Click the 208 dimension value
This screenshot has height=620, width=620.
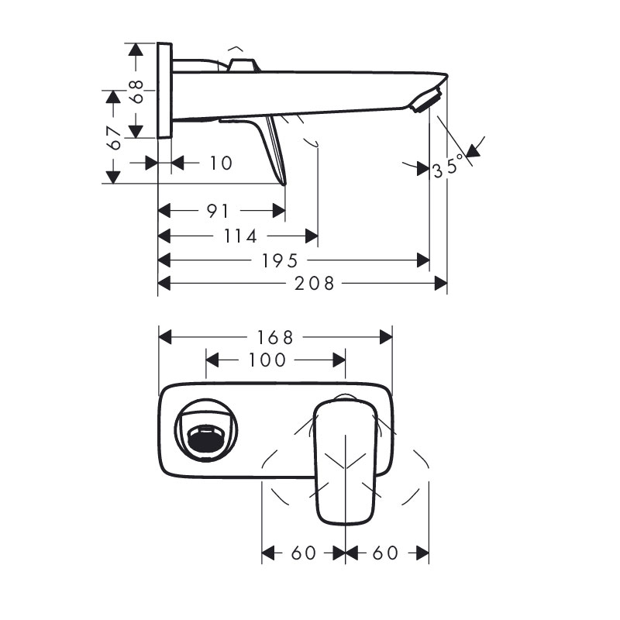[315, 284]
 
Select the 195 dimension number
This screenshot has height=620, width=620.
[280, 260]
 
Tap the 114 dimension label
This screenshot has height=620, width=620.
[240, 236]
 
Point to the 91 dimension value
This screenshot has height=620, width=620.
[218, 211]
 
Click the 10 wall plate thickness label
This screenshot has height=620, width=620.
[221, 163]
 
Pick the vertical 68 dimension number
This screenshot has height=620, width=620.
[137, 91]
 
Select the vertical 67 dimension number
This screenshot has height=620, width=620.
[114, 138]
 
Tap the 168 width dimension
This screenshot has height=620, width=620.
[275, 337]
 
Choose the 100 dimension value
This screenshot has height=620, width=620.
[267, 360]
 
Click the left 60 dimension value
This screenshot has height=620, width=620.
[303, 553]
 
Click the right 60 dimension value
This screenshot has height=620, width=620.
[385, 553]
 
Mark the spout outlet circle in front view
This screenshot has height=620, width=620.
[206, 430]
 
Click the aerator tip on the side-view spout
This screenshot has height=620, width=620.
[426, 101]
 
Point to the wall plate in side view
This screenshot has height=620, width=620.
[164, 90]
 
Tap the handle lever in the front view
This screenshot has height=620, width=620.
[345, 461]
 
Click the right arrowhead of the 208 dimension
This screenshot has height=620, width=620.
[440, 284]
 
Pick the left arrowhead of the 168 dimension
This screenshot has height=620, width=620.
[165, 337]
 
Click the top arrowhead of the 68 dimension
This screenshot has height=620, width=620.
[136, 50]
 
